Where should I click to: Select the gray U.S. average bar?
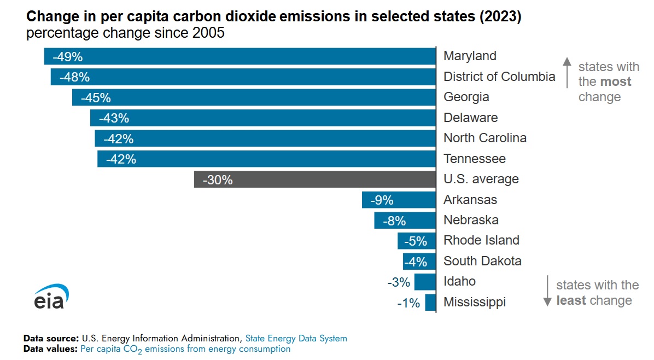pyautogui.click(x=314, y=179)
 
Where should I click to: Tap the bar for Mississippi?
pyautogui.click(x=430, y=303)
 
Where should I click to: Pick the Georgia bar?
pyautogui.click(x=254, y=97)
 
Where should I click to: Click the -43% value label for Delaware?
pyautogui.click(x=114, y=118)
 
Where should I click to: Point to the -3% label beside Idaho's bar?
pyautogui.click(x=398, y=282)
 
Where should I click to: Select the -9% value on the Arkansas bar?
pyautogui.click(x=382, y=200)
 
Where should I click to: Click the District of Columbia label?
pyautogui.click(x=499, y=77)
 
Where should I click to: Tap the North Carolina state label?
pyautogui.click(x=484, y=138)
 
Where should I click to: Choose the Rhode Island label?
pyautogui.click(x=481, y=240)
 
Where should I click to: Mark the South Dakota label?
pyautogui.click(x=482, y=261)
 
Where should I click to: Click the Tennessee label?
pyautogui.click(x=474, y=159)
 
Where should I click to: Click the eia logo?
pyautogui.click(x=51, y=297)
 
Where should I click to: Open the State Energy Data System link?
pyautogui.click(x=296, y=339)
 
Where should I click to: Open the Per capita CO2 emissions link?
pyautogui.click(x=185, y=349)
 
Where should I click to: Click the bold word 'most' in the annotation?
pyautogui.click(x=615, y=82)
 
